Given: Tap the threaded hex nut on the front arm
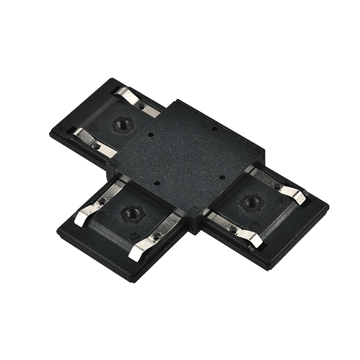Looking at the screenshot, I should tap(128, 211).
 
